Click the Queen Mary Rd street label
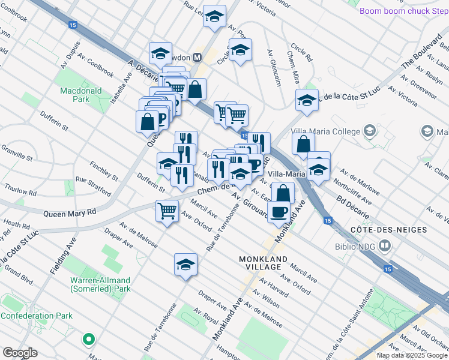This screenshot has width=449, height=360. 69,212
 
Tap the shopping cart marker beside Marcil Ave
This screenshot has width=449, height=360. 166,211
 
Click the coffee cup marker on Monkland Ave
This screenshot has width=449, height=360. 279,212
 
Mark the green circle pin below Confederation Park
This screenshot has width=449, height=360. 89,340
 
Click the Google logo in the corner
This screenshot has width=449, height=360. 20,352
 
